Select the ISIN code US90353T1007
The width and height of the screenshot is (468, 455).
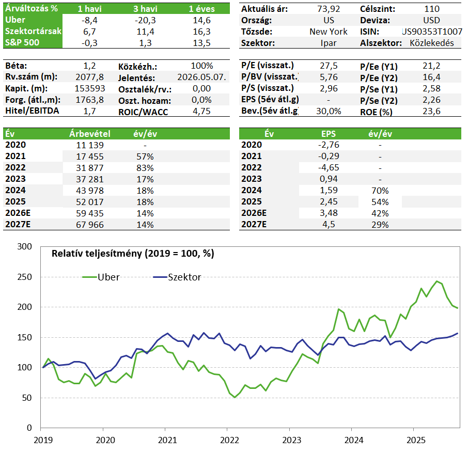[432, 32]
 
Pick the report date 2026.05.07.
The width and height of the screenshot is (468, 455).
[201, 77]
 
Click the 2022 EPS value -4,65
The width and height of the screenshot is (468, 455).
[329, 168]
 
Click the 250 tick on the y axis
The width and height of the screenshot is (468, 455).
[24, 277]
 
